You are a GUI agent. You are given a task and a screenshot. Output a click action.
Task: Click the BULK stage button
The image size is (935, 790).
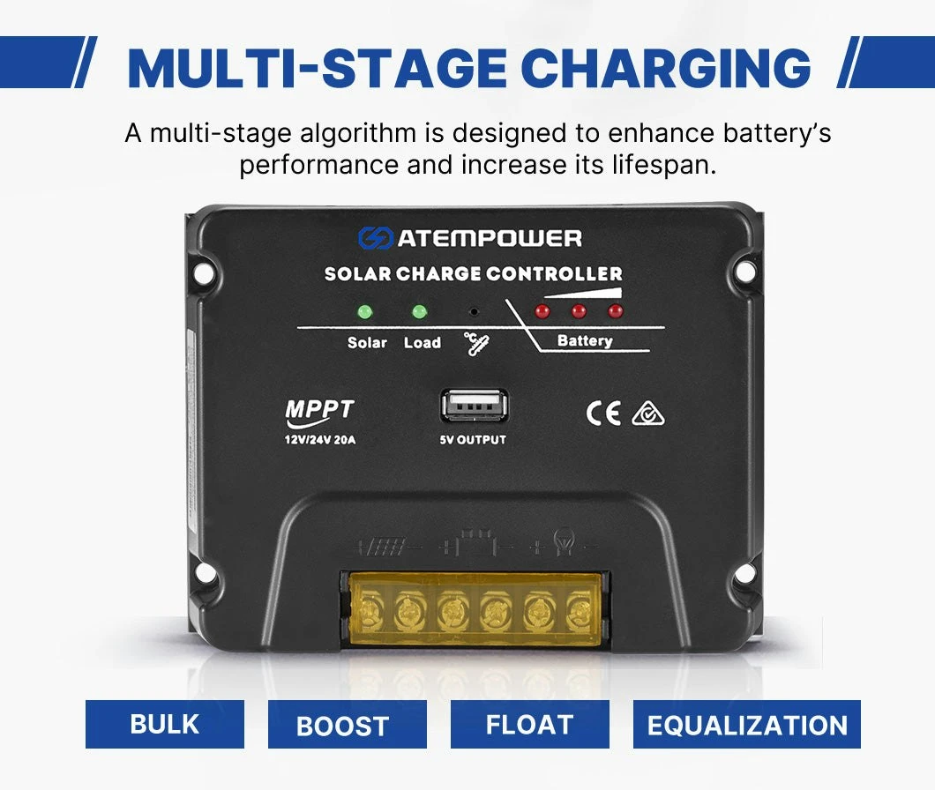click(165, 724)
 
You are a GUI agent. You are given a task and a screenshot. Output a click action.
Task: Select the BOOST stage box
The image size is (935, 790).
click(347, 724)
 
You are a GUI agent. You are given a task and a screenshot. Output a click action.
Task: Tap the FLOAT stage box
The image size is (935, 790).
click(529, 724)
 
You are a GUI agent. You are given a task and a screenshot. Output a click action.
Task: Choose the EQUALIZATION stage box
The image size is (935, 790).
click(746, 724)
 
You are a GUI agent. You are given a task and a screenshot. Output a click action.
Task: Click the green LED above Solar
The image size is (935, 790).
click(364, 312)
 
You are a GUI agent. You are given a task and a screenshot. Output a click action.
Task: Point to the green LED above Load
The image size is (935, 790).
click(419, 312)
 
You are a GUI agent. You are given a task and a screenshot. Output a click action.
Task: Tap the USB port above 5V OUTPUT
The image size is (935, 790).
click(475, 406)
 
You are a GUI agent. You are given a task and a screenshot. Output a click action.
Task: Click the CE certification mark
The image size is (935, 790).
click(603, 414)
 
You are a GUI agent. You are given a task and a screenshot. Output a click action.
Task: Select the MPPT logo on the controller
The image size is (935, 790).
click(319, 413)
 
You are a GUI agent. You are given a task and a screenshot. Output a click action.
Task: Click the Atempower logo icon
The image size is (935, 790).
click(375, 238)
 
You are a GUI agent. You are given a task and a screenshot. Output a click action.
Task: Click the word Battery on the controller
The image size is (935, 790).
click(584, 340)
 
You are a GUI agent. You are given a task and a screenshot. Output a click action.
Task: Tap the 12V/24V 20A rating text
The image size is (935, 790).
click(320, 440)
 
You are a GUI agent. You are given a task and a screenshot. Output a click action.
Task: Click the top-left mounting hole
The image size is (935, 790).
click(204, 274)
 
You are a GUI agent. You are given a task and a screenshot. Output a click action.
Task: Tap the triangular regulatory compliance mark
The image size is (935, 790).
click(648, 414)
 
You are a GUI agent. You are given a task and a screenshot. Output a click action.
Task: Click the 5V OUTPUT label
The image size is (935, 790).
click(473, 440)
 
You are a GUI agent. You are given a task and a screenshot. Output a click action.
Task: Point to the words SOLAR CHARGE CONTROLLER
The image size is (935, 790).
click(474, 273)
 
